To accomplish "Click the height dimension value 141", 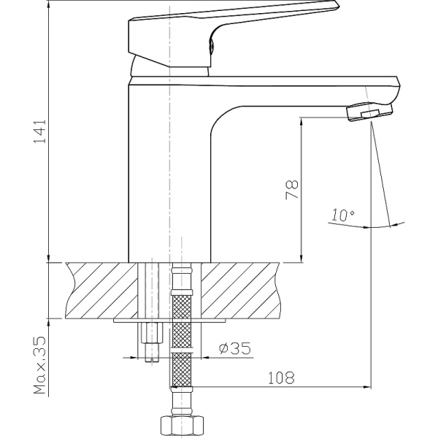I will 42,131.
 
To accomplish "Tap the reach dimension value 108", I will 281,378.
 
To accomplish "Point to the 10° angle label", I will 341,215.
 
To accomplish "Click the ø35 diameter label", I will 234,348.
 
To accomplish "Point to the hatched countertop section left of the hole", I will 102,291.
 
